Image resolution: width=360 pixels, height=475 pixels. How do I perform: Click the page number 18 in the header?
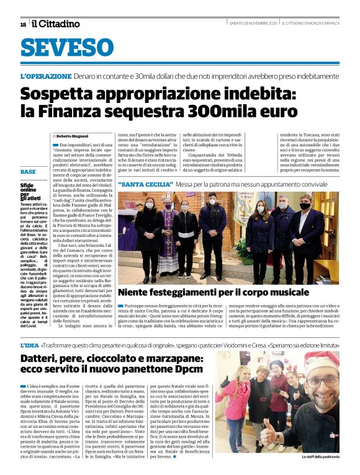pos(23,24)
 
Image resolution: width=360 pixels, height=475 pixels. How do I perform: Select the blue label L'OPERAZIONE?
pos(46,76)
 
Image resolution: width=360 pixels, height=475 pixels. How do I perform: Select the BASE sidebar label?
pos(28,171)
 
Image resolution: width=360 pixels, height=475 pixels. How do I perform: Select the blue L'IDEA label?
pos(29,344)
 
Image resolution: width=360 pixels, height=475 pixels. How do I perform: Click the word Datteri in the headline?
pos(41,358)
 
